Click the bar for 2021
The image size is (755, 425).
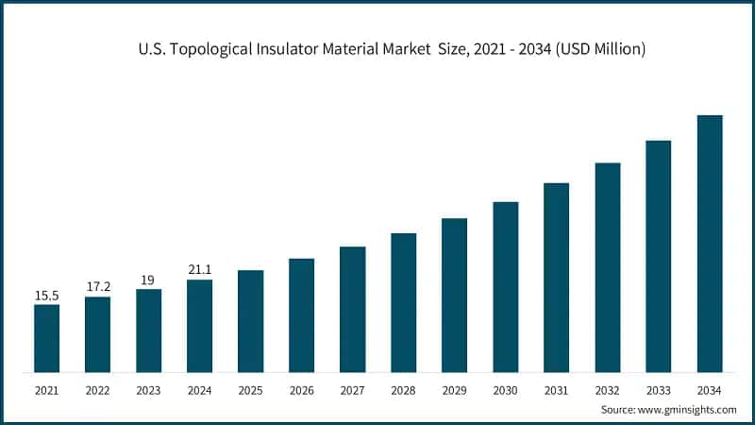[46, 337]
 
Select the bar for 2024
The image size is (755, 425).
[199, 325]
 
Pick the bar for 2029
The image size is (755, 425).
[454, 295]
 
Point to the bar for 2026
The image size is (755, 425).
[301, 314]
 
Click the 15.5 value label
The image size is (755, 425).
[46, 296]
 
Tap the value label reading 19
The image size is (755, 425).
[148, 280]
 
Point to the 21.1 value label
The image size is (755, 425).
[199, 271]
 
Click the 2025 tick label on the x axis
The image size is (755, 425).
[250, 388]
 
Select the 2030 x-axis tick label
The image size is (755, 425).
[505, 388]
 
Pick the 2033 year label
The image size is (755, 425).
[658, 388]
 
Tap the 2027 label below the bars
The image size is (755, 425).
[352, 388]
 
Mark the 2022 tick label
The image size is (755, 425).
[97, 388]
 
